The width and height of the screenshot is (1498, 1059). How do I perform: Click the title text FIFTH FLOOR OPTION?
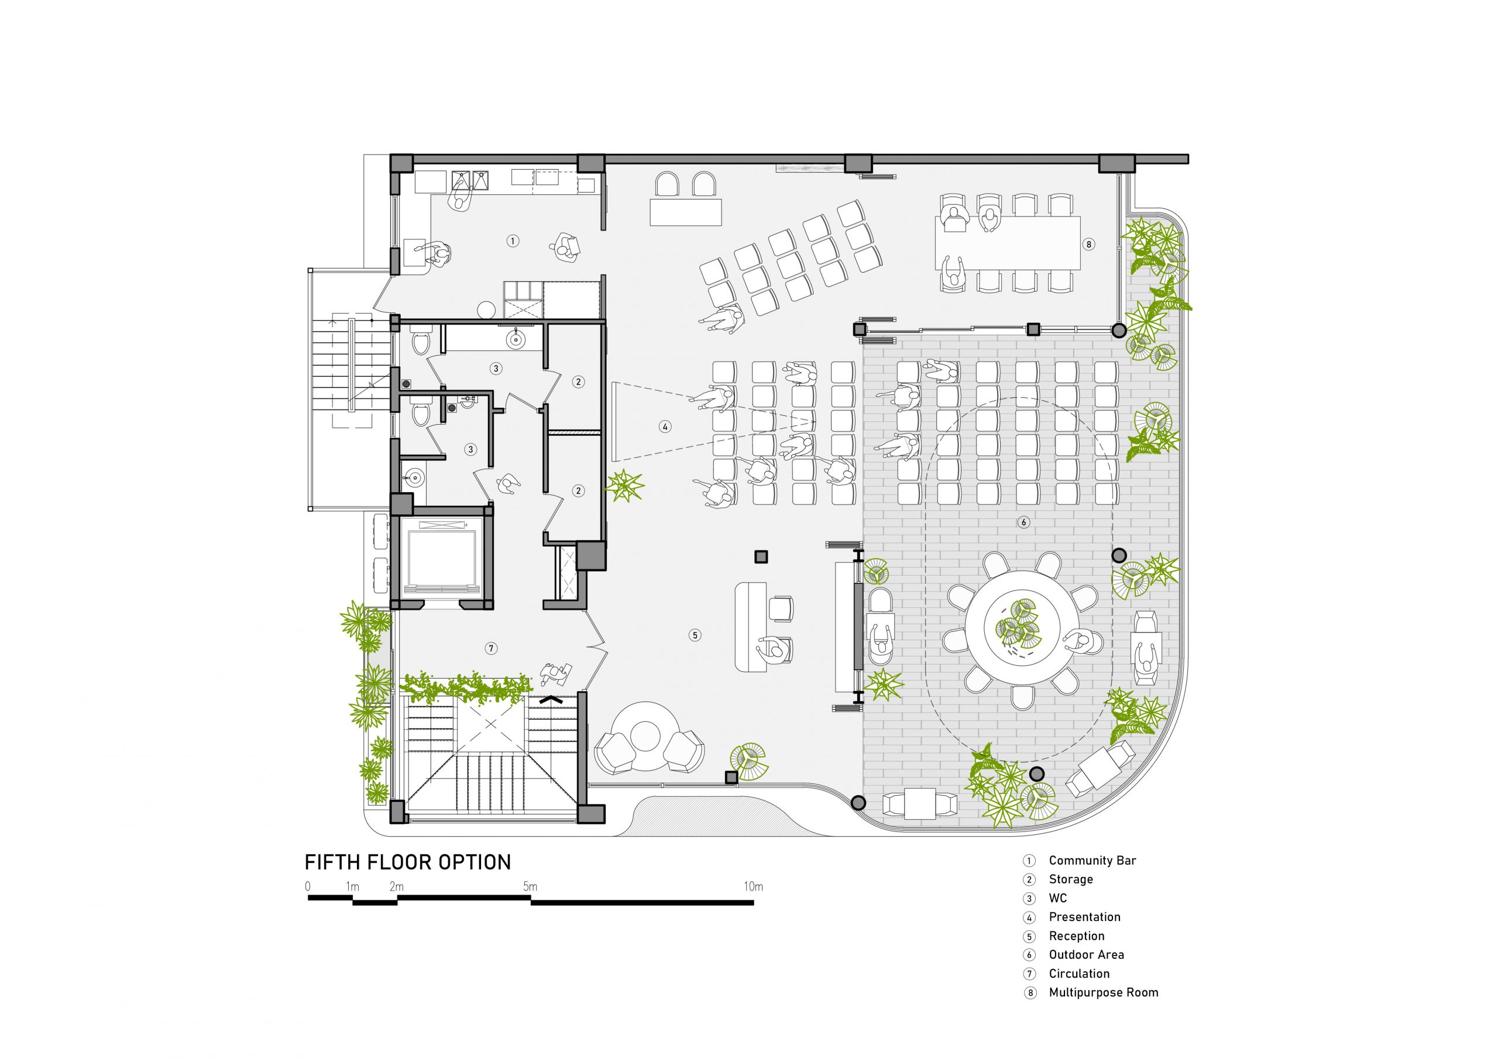click(408, 862)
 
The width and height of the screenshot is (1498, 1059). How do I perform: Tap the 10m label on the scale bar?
click(753, 887)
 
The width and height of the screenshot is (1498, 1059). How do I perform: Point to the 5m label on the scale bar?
click(530, 887)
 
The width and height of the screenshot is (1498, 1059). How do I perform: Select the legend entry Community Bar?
click(1092, 861)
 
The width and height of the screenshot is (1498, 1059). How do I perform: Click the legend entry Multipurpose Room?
click(1103, 992)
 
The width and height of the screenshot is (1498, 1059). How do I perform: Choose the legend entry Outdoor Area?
click(1086, 955)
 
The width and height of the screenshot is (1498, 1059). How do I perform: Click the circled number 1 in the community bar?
click(513, 241)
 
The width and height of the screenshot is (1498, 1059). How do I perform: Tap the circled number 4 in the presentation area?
click(665, 427)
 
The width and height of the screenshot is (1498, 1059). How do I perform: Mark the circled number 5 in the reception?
click(695, 635)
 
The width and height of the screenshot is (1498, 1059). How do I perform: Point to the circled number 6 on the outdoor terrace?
click(1023, 522)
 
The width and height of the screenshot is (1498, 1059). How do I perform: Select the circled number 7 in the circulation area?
click(492, 648)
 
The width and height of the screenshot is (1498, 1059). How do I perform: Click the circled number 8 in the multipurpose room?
click(1088, 244)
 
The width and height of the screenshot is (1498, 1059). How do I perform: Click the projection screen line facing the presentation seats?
click(613, 421)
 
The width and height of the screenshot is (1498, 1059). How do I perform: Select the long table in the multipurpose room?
click(1008, 242)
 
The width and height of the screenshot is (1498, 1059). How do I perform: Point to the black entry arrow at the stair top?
click(551, 699)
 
